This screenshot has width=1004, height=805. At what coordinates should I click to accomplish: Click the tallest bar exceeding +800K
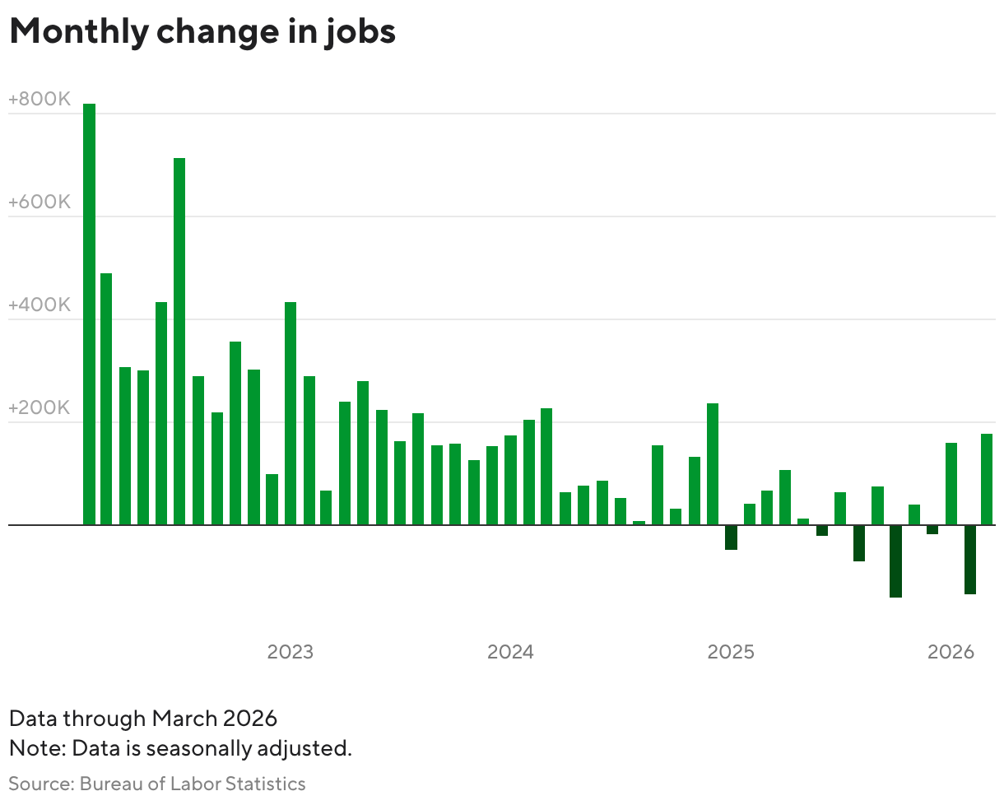(89, 314)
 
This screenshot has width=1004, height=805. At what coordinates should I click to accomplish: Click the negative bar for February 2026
(969, 559)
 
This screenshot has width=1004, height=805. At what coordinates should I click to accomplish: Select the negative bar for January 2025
(731, 537)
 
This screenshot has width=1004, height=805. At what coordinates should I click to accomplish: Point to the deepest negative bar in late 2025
(895, 561)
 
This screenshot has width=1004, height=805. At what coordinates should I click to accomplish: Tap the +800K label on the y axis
(40, 100)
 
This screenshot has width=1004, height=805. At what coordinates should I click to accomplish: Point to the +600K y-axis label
(40, 202)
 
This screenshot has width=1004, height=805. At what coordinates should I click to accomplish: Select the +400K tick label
(40, 305)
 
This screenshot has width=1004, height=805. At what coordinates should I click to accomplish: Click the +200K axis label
(40, 408)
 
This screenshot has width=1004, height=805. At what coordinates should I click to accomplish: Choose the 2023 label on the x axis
(291, 652)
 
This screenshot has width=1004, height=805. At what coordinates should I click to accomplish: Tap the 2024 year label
(510, 652)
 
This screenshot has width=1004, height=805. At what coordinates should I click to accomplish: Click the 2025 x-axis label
(731, 652)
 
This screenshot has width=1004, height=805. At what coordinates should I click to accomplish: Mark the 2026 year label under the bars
(951, 652)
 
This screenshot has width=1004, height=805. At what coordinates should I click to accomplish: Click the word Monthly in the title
(77, 31)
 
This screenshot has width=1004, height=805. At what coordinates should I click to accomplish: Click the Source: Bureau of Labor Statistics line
(157, 784)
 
